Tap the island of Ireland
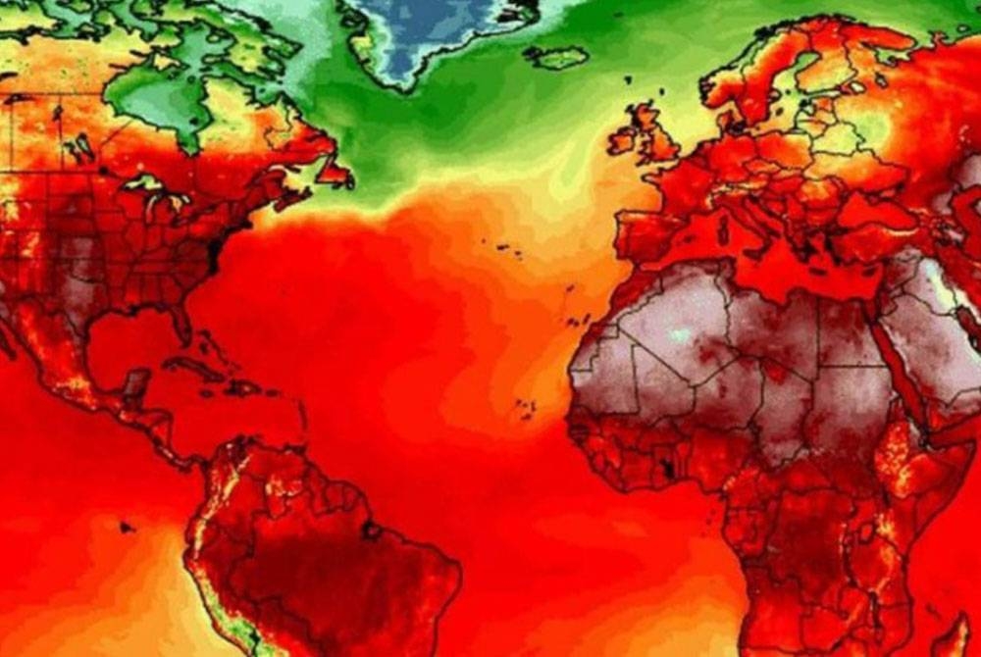(622, 141)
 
